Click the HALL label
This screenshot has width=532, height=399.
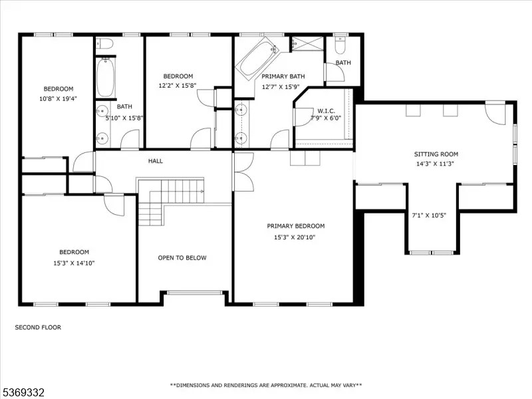[156, 161]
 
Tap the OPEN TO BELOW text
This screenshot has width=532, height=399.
[182, 258]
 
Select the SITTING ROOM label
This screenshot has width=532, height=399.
[436, 154]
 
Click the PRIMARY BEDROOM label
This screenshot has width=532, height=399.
[296, 226]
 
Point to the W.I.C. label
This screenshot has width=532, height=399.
[326, 111]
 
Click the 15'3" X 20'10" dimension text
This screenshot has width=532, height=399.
[295, 237]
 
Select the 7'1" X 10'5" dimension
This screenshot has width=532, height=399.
[429, 215]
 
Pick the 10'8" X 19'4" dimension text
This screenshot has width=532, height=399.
[59, 98]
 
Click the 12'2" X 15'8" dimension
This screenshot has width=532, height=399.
[178, 86]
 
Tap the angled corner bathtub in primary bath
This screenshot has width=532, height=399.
[257, 59]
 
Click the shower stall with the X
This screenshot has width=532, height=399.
[307, 43]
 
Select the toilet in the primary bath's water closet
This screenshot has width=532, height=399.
[340, 46]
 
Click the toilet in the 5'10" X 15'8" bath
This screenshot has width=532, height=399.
[104, 44]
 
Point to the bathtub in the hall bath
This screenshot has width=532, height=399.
[106, 77]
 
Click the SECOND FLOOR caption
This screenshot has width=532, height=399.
[38, 327]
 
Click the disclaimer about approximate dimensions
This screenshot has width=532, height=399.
[266, 385]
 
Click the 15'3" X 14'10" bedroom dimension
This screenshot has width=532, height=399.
[74, 263]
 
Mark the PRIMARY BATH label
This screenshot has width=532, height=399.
[283, 76]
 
